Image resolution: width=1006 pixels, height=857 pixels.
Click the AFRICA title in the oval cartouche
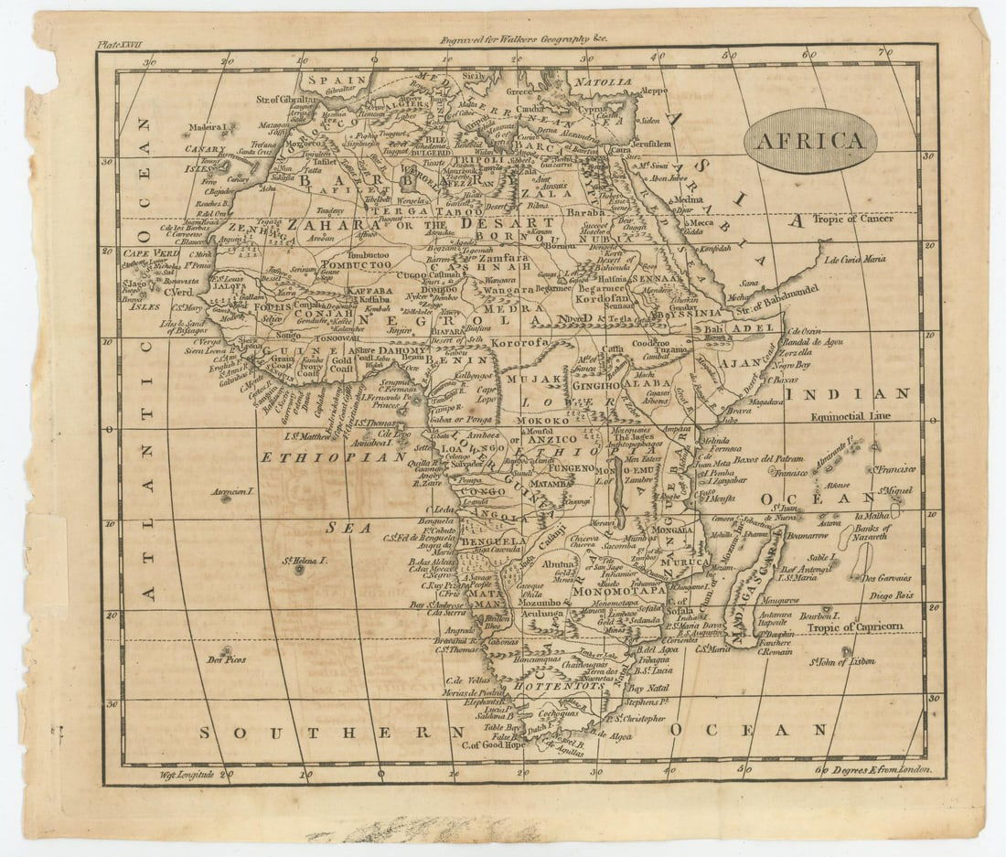click(x=809, y=141)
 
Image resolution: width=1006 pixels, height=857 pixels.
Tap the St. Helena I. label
click(x=305, y=559)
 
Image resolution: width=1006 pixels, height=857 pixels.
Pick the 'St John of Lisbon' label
click(x=843, y=660)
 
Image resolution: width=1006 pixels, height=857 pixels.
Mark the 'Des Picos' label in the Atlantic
click(x=227, y=659)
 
